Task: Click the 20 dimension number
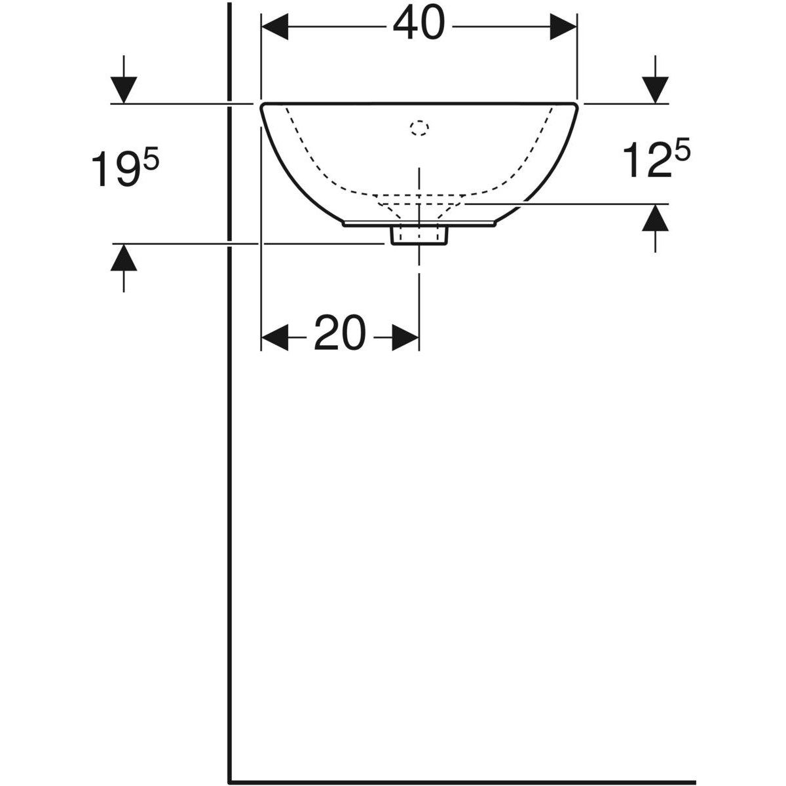coord(340,334)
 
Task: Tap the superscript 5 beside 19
coord(151,159)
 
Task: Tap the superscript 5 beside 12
coord(681,152)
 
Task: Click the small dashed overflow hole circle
coord(419,128)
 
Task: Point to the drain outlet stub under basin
coord(419,236)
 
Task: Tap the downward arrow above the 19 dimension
coord(123,89)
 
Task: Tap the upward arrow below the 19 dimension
coord(123,258)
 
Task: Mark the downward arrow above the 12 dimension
coord(656,89)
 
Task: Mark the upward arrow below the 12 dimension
coord(656,219)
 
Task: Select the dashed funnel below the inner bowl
coord(419,206)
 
